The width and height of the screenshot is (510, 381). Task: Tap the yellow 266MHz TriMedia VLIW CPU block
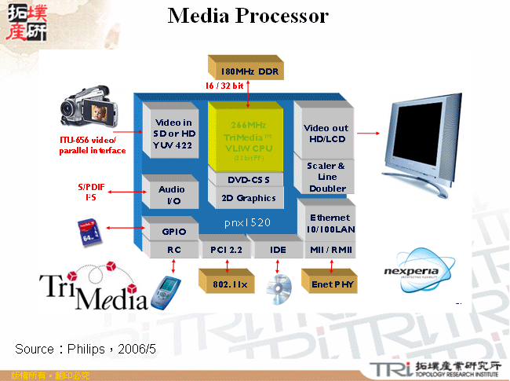coord(245,135)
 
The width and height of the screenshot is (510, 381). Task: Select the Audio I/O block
coord(171,195)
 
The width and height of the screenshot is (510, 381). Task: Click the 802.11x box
coord(228,282)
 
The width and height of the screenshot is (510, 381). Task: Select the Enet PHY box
coord(330,282)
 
